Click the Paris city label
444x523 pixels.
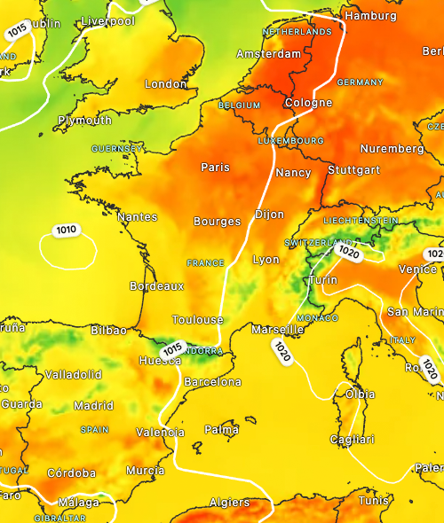click(215, 167)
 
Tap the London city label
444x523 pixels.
click(165, 83)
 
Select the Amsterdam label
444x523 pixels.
click(269, 53)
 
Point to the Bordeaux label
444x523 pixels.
click(156, 286)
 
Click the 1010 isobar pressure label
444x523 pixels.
click(66, 230)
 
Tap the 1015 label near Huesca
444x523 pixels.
click(172, 347)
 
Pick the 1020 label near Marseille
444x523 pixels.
click(283, 351)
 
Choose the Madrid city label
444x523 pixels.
click(93, 405)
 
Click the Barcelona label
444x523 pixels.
click(211, 381)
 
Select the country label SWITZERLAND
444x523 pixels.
click(318, 242)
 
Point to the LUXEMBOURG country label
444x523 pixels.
click(290, 141)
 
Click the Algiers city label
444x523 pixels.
click(229, 502)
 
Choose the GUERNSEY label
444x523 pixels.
click(116, 148)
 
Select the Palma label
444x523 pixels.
click(221, 429)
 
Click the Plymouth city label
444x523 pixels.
click(85, 120)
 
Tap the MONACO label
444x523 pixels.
click(317, 317)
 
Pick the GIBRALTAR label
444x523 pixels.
click(59, 518)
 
